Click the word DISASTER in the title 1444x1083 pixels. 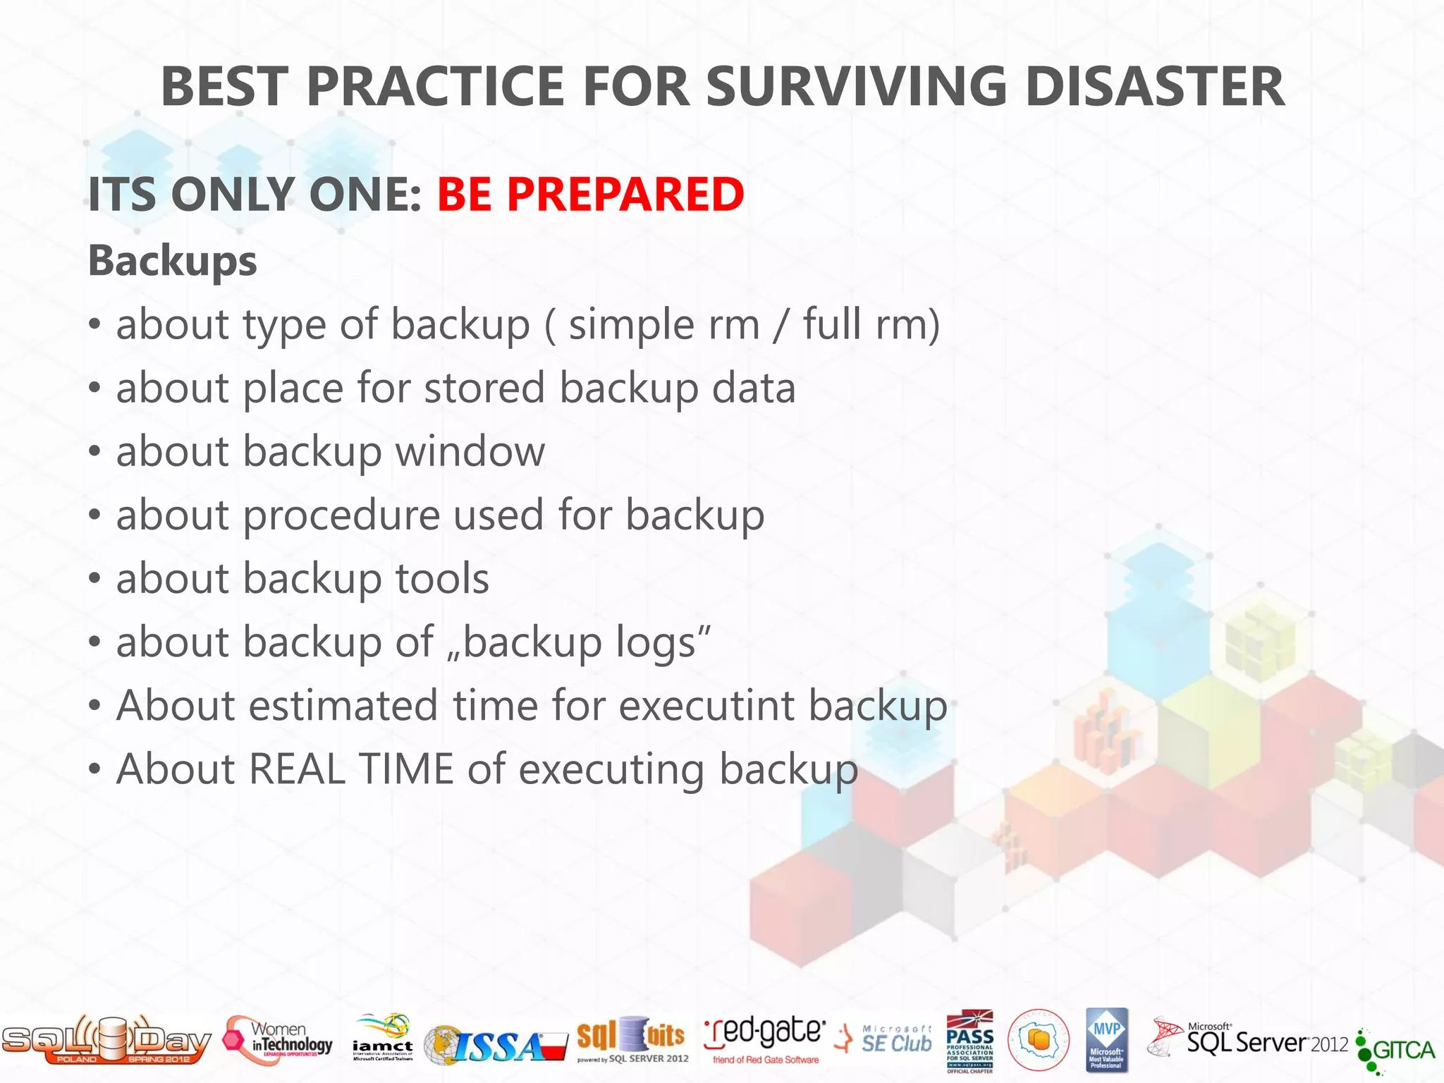1154,87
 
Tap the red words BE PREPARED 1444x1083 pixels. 590,194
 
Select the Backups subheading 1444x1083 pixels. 172,261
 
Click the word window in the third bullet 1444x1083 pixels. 470,451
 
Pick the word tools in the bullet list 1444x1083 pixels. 442,579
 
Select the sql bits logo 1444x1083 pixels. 631,1039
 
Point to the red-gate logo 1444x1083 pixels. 764,1039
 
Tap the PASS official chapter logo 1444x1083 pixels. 969,1041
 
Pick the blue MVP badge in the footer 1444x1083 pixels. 1106,1039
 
